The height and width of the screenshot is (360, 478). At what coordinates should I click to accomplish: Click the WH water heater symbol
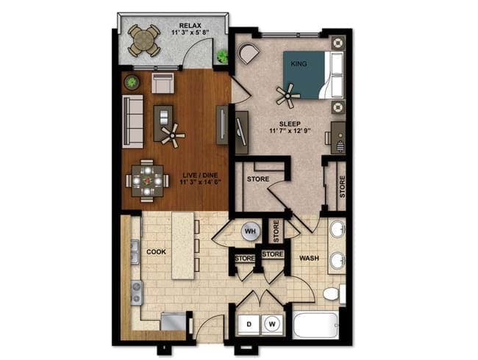coord(250,231)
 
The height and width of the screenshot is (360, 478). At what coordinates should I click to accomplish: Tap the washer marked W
coord(272,324)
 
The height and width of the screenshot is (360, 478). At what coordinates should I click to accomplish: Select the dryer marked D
coord(249,324)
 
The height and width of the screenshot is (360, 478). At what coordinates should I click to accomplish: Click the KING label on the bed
coord(299,64)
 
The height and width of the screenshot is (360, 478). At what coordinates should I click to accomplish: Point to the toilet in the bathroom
coord(333,294)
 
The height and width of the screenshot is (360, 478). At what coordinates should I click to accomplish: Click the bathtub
coord(315,325)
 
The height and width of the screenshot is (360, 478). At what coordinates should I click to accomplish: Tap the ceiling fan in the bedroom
coord(288,96)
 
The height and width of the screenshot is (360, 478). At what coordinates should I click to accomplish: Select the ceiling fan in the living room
coord(173,135)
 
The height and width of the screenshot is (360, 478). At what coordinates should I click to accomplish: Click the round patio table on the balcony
coord(144,40)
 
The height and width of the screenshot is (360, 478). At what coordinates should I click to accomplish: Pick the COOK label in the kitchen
coord(156,252)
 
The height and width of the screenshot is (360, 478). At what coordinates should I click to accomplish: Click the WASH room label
coord(309,259)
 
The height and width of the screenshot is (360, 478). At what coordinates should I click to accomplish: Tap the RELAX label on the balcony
coord(190,26)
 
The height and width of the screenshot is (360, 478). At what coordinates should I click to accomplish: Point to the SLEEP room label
coord(290,124)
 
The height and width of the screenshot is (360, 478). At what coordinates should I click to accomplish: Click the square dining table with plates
coord(147,181)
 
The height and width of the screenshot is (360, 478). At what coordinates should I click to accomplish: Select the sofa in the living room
coord(132,121)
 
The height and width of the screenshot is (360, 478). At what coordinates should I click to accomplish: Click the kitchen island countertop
coord(183,245)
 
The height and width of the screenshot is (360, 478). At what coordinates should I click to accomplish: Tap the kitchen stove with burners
coord(137,292)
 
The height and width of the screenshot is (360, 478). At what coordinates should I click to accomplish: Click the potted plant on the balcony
coord(222,56)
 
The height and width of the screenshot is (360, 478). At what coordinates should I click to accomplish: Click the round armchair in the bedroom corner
coord(249,53)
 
